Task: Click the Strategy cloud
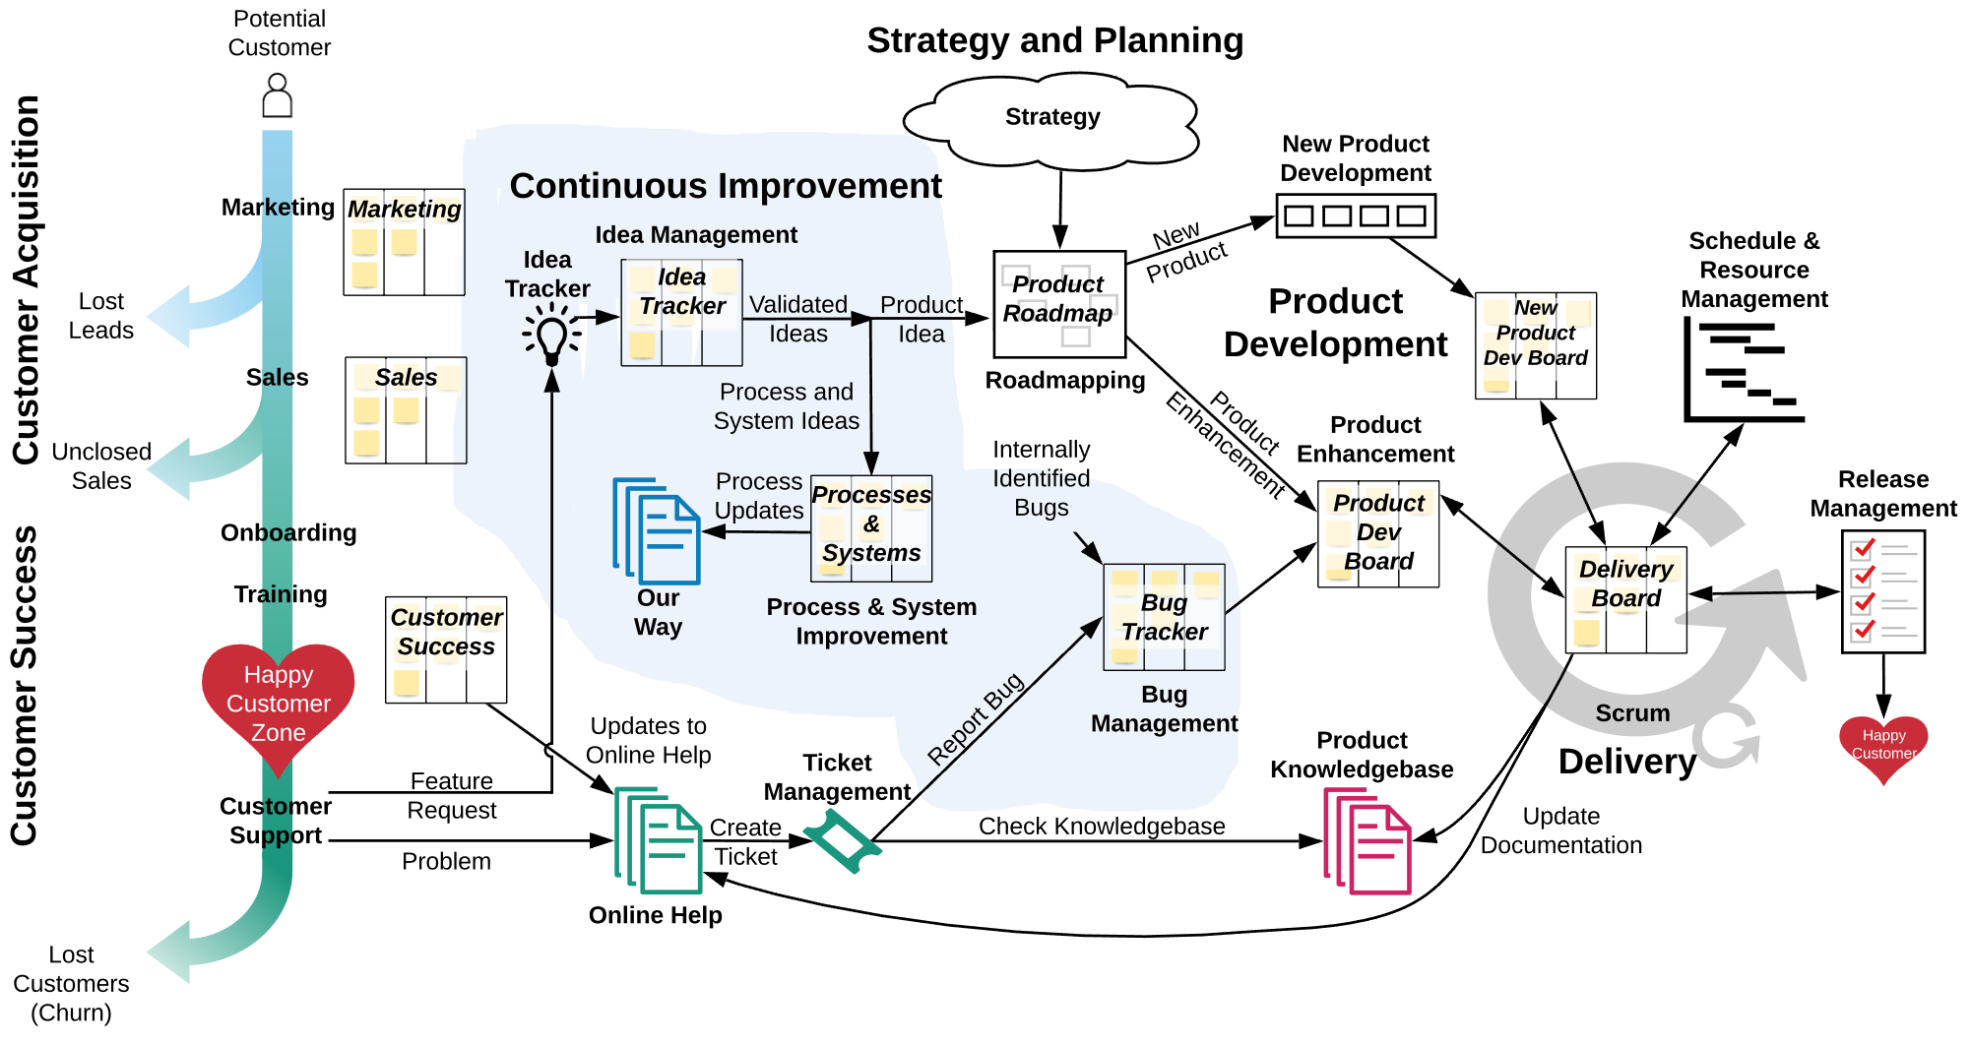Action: pos(1051,120)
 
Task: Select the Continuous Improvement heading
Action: pos(726,186)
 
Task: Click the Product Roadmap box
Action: pos(1058,303)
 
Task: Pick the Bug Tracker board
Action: pos(1164,617)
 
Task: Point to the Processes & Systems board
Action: pos(871,527)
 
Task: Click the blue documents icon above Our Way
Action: pos(656,530)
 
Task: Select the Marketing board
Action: pos(405,242)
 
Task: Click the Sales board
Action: pos(408,410)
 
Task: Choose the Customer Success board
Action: pos(448,649)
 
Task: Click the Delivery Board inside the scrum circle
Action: pos(1625,599)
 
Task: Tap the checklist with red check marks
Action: pos(1882,591)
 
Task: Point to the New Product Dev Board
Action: pos(1536,346)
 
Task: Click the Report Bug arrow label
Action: pos(976,719)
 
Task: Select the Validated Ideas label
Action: pos(797,319)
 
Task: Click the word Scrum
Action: pos(1632,713)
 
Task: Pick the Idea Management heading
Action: pos(696,235)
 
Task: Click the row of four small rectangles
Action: pos(1356,215)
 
